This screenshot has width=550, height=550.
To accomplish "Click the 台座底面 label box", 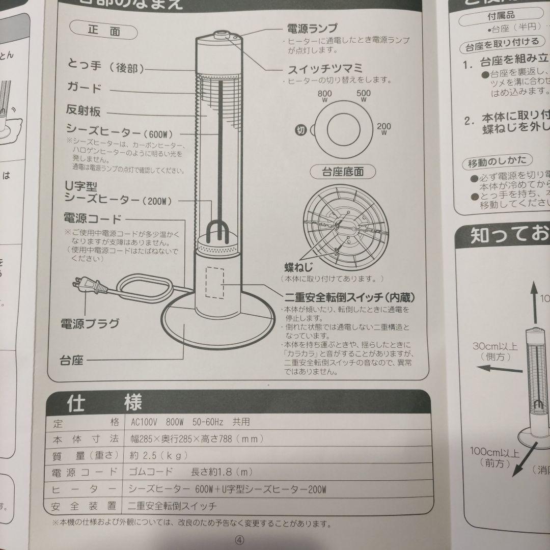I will click(342, 172).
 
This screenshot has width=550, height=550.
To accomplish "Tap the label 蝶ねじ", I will click(298, 267).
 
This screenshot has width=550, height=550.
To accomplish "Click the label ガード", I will click(85, 88).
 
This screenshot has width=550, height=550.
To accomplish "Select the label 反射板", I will click(83, 111).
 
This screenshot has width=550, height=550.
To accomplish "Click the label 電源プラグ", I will click(90, 323).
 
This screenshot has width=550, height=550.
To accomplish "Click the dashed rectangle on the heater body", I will click(214, 281).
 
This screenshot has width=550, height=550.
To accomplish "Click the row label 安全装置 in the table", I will click(85, 506).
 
